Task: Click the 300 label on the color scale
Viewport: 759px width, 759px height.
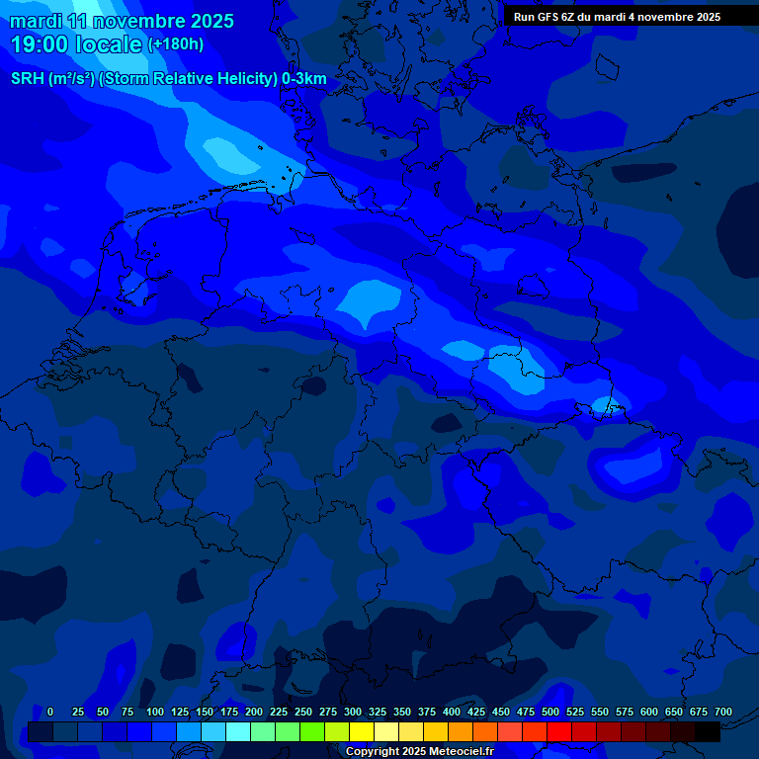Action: (353, 712)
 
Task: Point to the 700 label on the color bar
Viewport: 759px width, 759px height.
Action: (723, 712)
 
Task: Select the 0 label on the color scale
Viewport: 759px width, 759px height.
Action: (50, 712)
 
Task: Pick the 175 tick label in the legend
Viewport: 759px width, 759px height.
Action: (229, 712)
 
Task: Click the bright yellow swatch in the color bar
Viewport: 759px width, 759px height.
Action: (362, 732)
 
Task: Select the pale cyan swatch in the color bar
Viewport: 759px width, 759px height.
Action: (238, 732)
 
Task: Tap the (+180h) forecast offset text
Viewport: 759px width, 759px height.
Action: (176, 44)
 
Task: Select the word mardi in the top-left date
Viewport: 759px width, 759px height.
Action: (36, 21)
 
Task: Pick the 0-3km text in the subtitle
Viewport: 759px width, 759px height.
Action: (304, 79)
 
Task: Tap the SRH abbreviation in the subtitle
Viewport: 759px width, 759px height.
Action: (28, 79)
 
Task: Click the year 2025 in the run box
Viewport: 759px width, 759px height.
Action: (703, 17)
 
